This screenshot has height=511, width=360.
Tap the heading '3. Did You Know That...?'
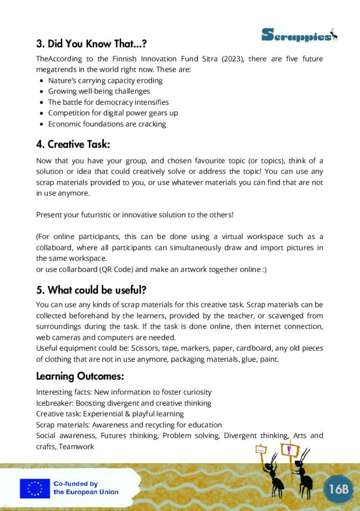tap(91, 44)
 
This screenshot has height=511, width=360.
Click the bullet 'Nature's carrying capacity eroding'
tap(105, 80)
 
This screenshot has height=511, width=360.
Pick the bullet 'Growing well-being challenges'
tap(99, 91)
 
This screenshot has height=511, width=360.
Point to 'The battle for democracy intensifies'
tap(108, 102)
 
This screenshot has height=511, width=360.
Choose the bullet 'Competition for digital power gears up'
tap(113, 113)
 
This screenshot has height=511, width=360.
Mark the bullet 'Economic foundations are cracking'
tap(107, 124)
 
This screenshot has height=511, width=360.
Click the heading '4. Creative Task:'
tap(73, 145)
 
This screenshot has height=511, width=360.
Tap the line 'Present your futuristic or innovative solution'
tap(135, 215)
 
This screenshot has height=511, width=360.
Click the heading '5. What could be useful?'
tap(91, 290)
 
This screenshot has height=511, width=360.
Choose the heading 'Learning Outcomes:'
tap(80, 376)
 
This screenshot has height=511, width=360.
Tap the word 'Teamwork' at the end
tap(76, 447)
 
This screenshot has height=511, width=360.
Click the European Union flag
tap(34, 489)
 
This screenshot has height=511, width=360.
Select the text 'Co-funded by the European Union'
tap(86, 488)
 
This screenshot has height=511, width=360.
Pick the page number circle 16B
tap(338, 489)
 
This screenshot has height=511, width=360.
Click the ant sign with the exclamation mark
tap(289, 450)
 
